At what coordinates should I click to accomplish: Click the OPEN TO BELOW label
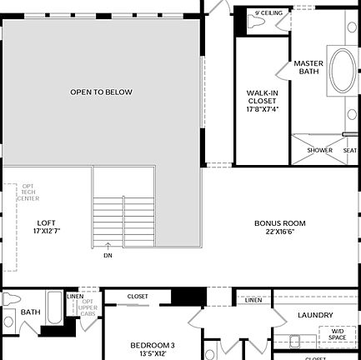coord(101,92)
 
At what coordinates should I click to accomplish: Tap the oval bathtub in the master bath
coord(342,70)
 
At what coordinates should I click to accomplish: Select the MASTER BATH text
coord(308,67)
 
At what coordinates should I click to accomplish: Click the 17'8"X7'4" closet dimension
coord(262,109)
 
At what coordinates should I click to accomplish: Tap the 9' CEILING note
coord(268,13)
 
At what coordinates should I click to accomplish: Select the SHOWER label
coord(319,150)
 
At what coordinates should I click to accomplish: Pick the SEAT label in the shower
coord(350,150)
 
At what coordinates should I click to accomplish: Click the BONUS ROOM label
coord(279,223)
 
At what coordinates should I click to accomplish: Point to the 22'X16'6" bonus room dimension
coord(279,232)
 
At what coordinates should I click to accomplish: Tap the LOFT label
coord(47,222)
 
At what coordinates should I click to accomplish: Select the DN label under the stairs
coord(108,256)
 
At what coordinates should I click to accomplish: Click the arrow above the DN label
coord(108,246)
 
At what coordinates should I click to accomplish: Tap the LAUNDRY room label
coord(315,316)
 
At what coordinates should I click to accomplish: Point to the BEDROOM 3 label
coord(152,345)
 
